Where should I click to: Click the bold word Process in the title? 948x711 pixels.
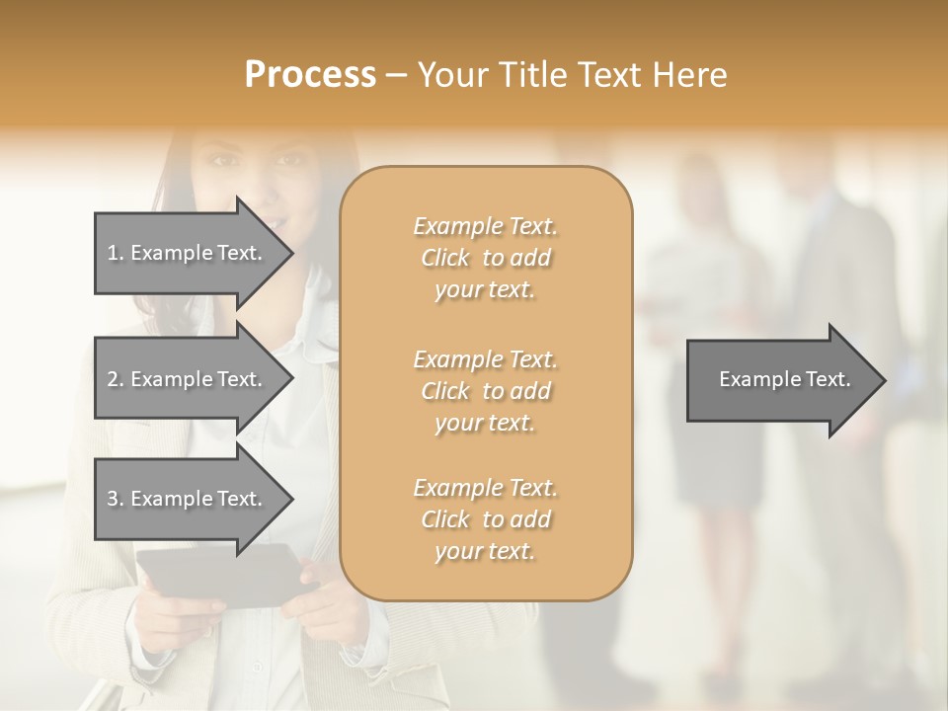coord(310,75)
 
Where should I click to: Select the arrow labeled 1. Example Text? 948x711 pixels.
coord(188,253)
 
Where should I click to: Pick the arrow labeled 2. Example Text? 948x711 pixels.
coord(188,379)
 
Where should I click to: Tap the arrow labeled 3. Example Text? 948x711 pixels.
coord(188,499)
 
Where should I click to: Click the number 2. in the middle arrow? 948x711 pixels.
coord(116,379)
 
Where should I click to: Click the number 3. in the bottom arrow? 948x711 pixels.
coord(116,499)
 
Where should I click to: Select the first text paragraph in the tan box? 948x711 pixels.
coord(486,258)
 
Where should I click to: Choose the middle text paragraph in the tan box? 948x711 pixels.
coord(486,390)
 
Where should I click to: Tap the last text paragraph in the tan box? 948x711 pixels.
coord(486,519)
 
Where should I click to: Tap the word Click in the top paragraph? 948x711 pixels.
coord(445,258)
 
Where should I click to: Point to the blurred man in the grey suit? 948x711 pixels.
coord(839,296)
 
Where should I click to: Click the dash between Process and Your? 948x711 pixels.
coord(397,75)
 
